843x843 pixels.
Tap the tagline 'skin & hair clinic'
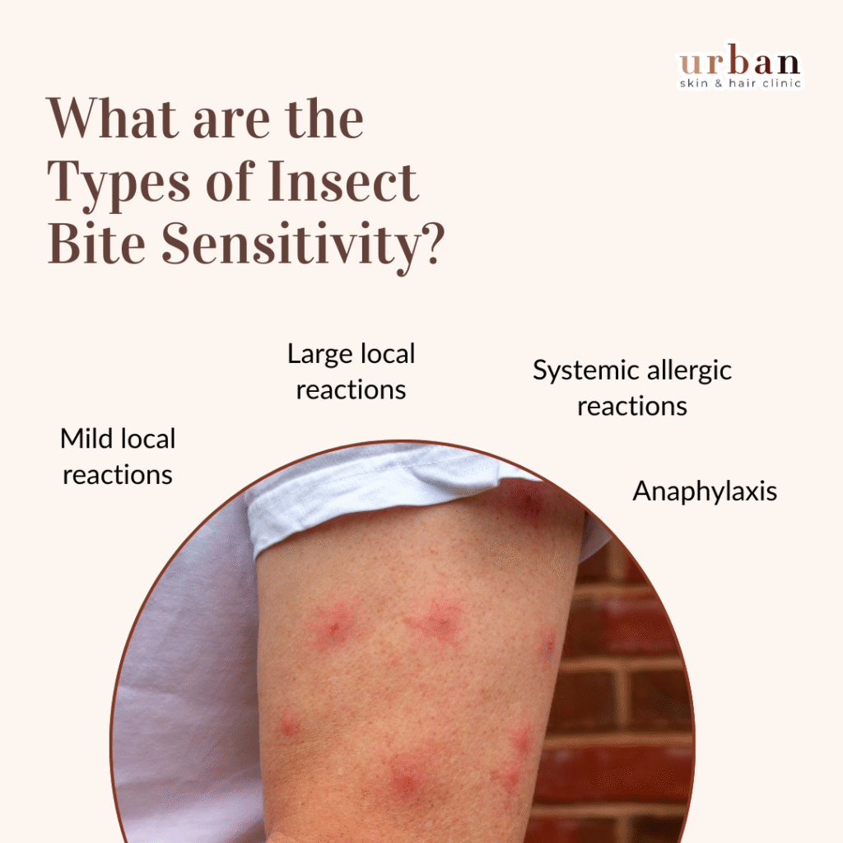[x=740, y=83]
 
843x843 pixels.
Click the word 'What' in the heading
[x=112, y=119]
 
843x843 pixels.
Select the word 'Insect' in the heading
[x=343, y=182]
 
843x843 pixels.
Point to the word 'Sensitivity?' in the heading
[x=303, y=243]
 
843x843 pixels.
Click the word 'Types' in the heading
[x=119, y=185]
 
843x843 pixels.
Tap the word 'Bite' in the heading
[x=97, y=243]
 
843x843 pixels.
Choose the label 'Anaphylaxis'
[x=705, y=491]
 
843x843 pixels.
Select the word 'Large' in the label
[x=320, y=355]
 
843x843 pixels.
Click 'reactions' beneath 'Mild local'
[x=118, y=475]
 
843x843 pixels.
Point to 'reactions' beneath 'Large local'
[x=351, y=390]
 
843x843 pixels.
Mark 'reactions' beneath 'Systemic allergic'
[x=632, y=407]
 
